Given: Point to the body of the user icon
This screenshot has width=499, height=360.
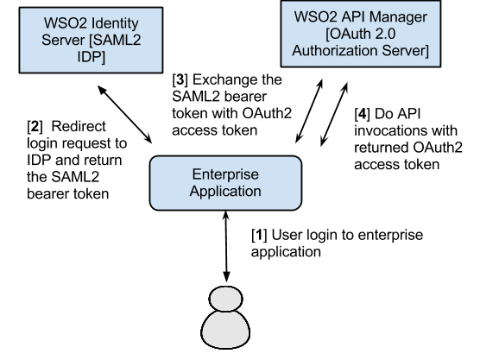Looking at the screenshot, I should click(x=223, y=339).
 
